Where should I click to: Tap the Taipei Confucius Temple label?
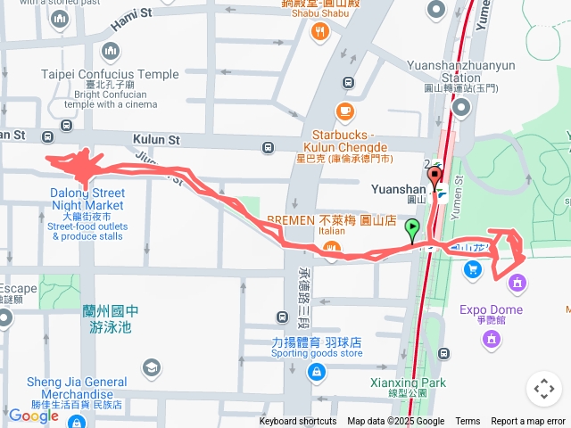click(110, 75)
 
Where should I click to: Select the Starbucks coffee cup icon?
click(344, 111)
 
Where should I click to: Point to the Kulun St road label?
click(156, 140)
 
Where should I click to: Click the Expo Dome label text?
click(491, 310)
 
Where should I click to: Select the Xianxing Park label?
click(407, 383)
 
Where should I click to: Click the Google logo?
click(33, 415)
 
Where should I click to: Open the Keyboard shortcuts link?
click(298, 422)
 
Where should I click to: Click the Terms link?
click(468, 422)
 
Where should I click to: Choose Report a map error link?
click(528, 422)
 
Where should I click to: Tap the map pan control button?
click(543, 389)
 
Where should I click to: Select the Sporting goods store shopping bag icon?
click(314, 370)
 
